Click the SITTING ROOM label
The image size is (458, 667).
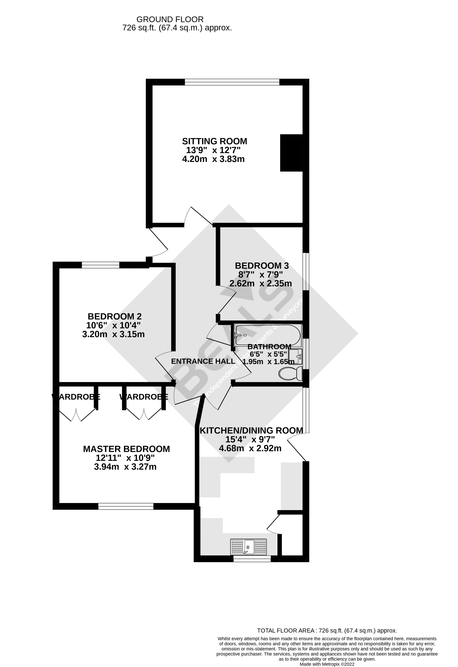(214, 141)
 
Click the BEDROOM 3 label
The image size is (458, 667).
(262, 266)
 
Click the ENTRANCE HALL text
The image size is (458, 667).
(203, 361)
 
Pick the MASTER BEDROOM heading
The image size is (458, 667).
(126, 449)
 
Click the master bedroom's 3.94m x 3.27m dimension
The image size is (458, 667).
(125, 467)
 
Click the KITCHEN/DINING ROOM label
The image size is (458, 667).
(251, 430)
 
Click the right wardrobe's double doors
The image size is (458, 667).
(144, 414)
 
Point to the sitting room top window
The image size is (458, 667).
(232, 82)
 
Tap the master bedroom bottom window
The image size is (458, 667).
(126, 506)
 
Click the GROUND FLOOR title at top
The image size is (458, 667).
(170, 20)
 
